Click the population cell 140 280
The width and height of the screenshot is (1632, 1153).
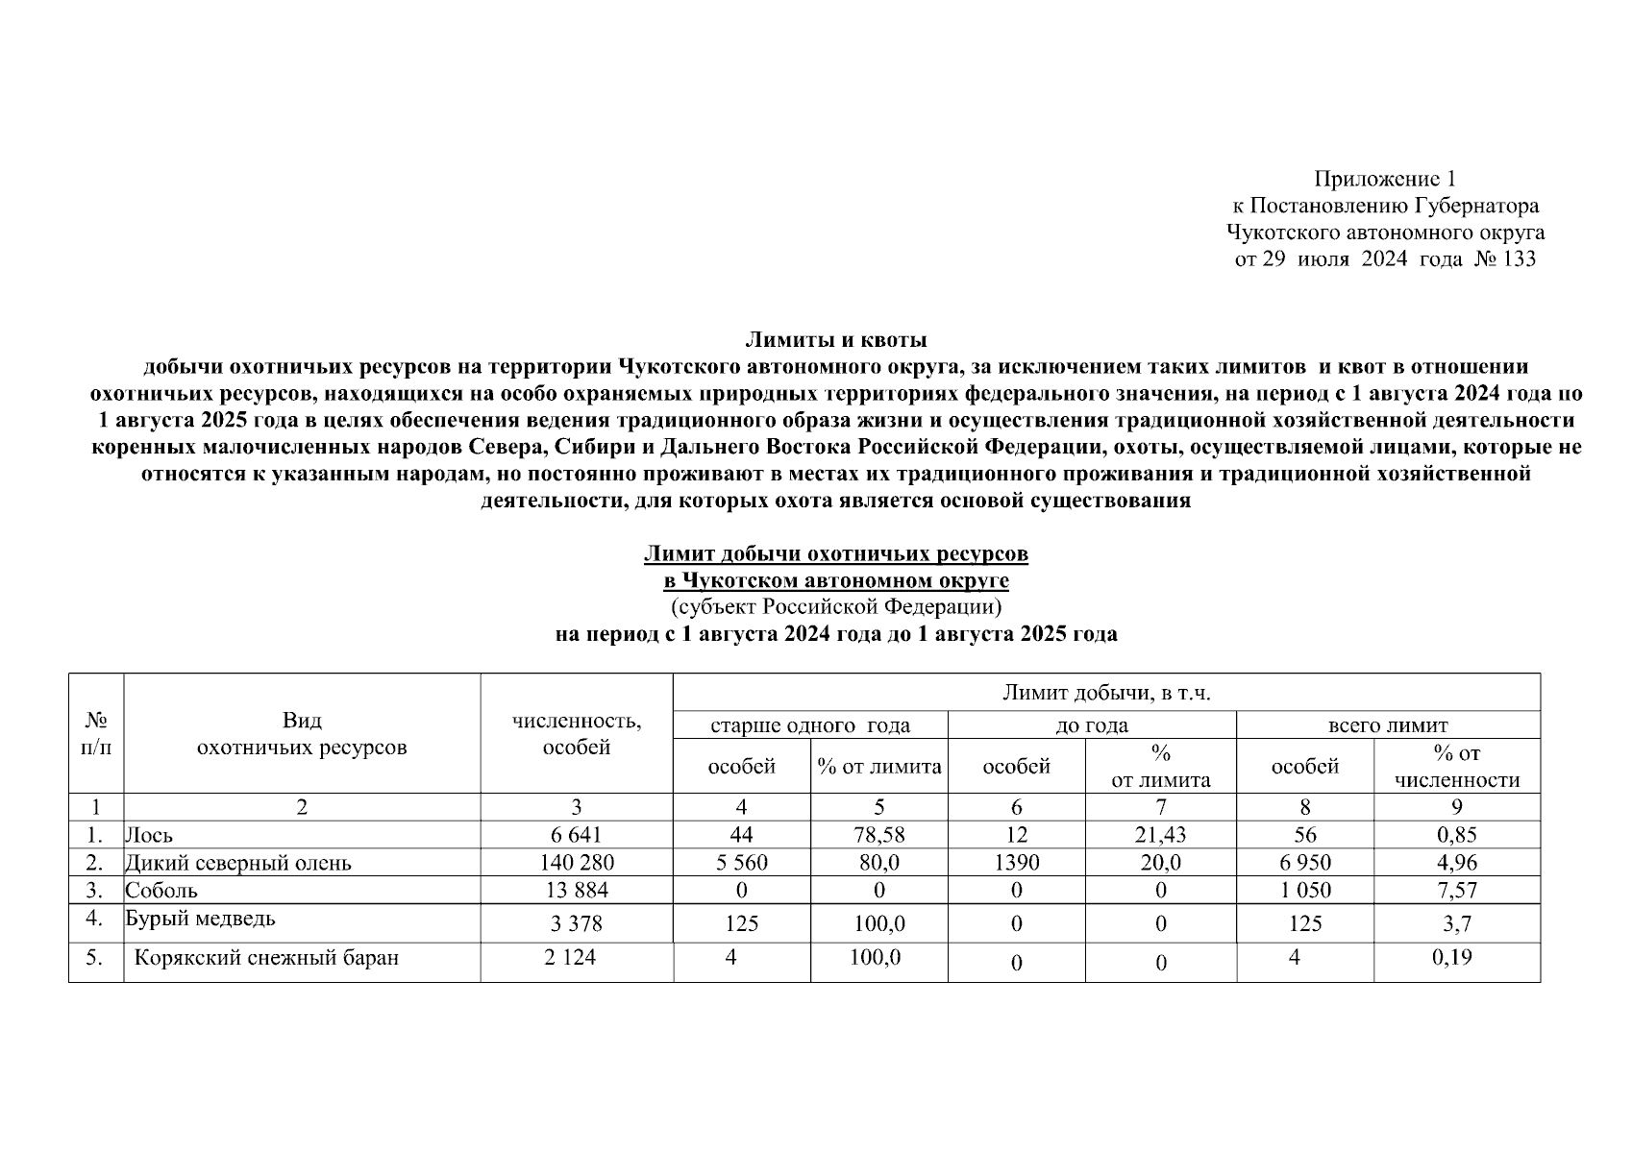pyautogui.click(x=577, y=863)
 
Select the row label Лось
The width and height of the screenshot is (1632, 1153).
pyautogui.click(x=150, y=835)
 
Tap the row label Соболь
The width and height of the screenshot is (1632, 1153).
pyautogui.click(x=161, y=890)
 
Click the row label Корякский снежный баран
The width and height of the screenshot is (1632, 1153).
pyautogui.click(x=266, y=957)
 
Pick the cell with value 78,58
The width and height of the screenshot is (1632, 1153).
pyautogui.click(x=878, y=835)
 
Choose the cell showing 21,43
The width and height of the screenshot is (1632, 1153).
pyautogui.click(x=1160, y=835)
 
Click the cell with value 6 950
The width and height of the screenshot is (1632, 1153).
pyautogui.click(x=1304, y=863)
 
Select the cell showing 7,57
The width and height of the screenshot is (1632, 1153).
pyautogui.click(x=1456, y=890)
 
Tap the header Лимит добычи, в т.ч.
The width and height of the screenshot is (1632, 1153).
pyautogui.click(x=1106, y=693)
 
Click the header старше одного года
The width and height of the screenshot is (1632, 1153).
pyautogui.click(x=809, y=725)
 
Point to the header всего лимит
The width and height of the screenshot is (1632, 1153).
pyautogui.click(x=1387, y=725)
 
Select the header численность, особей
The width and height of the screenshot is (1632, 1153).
pyautogui.click(x=577, y=734)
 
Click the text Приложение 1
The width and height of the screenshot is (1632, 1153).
pyautogui.click(x=1385, y=179)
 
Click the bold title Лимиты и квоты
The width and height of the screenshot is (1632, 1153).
pyautogui.click(x=836, y=339)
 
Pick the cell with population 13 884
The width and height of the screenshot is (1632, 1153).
pyautogui.click(x=577, y=890)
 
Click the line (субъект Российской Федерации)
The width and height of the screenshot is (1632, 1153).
pyautogui.click(x=836, y=607)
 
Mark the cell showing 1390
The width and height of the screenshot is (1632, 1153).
pyautogui.click(x=1016, y=863)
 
